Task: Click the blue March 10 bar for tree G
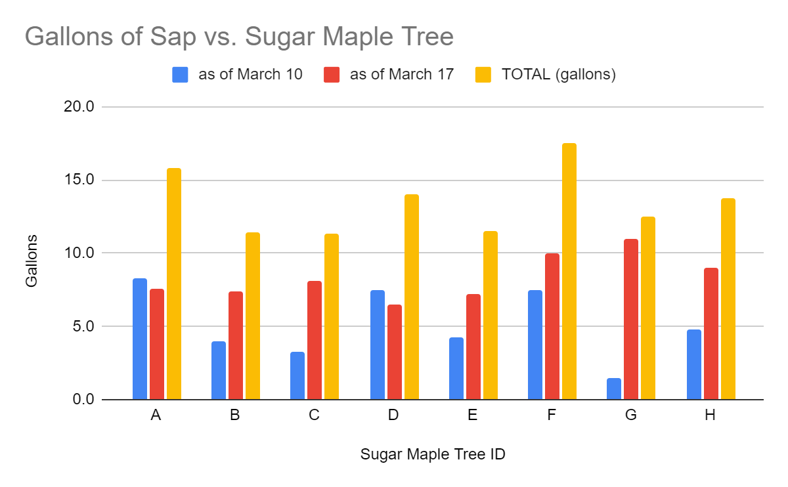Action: click(x=614, y=389)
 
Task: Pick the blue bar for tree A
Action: click(x=140, y=339)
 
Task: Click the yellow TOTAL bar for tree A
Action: click(x=174, y=284)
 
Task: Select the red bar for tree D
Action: click(x=395, y=352)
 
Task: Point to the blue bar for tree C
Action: click(x=297, y=375)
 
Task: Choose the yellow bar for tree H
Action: click(x=728, y=299)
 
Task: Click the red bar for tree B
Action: click(x=236, y=345)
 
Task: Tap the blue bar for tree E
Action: click(x=456, y=368)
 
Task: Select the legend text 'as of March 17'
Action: click(x=401, y=75)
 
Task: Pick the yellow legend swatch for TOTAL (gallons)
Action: click(x=483, y=75)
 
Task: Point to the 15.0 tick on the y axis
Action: click(x=78, y=180)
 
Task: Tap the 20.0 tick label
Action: click(x=78, y=106)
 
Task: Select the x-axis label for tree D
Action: click(x=393, y=415)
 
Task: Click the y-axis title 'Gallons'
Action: click(x=32, y=261)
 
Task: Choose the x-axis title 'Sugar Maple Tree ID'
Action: click(x=433, y=454)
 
